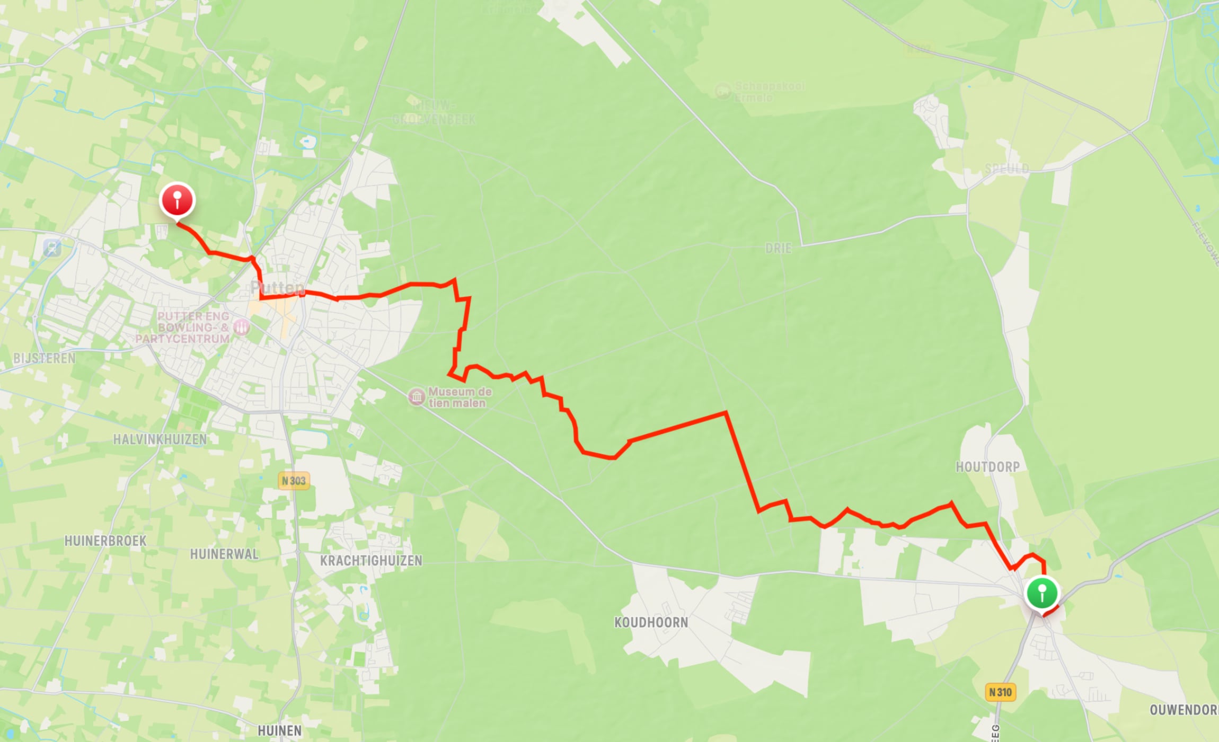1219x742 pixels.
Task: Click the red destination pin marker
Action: click(178, 200)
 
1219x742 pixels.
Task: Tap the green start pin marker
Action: click(1042, 593)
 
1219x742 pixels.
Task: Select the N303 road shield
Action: click(294, 481)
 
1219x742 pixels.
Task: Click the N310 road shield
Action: click(1000, 692)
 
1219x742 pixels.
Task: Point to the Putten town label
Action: click(278, 288)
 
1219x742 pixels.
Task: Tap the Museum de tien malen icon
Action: click(417, 397)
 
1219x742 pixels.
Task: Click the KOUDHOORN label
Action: click(651, 622)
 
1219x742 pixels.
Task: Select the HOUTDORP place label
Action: click(987, 467)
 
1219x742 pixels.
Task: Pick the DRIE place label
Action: click(778, 248)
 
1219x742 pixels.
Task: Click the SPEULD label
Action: click(1006, 169)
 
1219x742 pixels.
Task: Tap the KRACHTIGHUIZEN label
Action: click(371, 561)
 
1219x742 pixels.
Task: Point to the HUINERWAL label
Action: click(224, 554)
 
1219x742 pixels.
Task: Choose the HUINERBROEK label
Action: click(105, 541)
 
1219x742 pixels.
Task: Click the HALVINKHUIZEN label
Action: click(160, 439)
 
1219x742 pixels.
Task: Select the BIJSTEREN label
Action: click(45, 358)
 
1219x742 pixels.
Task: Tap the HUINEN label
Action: click(279, 731)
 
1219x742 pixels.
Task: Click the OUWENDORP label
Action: click(1183, 710)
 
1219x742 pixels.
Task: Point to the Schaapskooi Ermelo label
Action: click(768, 92)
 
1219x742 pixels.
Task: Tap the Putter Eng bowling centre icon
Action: click(241, 327)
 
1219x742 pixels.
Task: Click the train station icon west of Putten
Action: click(52, 247)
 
